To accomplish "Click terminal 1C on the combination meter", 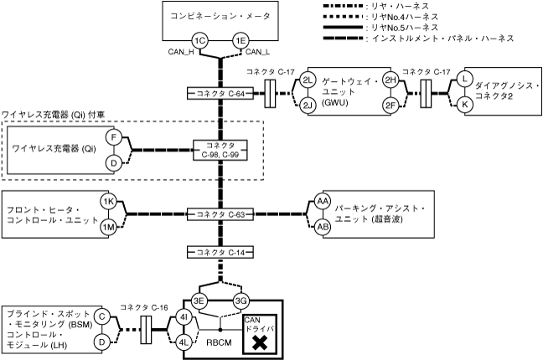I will click(199, 41).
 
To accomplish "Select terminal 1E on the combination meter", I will click(240, 41).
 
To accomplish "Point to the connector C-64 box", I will click(220, 93).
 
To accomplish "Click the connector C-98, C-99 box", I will click(220, 151).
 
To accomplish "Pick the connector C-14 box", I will click(220, 252).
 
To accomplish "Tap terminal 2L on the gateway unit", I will click(308, 80).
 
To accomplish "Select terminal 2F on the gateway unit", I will click(390, 105).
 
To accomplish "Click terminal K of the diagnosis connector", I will click(464, 105).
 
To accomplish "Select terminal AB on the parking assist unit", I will click(323, 226).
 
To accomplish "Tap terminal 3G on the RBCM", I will click(240, 301).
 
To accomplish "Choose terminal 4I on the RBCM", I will click(185, 318).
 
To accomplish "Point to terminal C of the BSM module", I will click(101, 316).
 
